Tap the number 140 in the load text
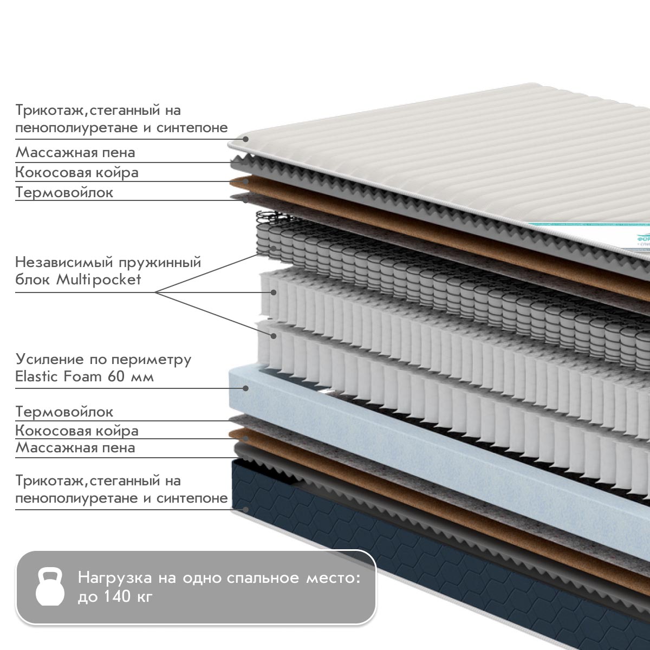pyautogui.click(x=116, y=596)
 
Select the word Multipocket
pyautogui.click(x=98, y=280)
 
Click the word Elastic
pyautogui.click(x=37, y=376)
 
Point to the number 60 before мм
pyautogui.click(x=116, y=376)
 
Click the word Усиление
pyautogui.click(x=50, y=360)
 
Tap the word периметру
pyautogui.click(x=151, y=360)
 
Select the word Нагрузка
pyautogui.click(x=115, y=578)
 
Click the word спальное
pyautogui.click(x=263, y=578)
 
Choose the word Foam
pyautogui.click(x=82, y=376)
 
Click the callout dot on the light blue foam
pyautogui.click(x=246, y=388)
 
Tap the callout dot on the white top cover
pyautogui.click(x=246, y=139)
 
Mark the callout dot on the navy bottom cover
pyautogui.click(x=246, y=509)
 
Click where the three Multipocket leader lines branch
pyautogui.click(x=155, y=292)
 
